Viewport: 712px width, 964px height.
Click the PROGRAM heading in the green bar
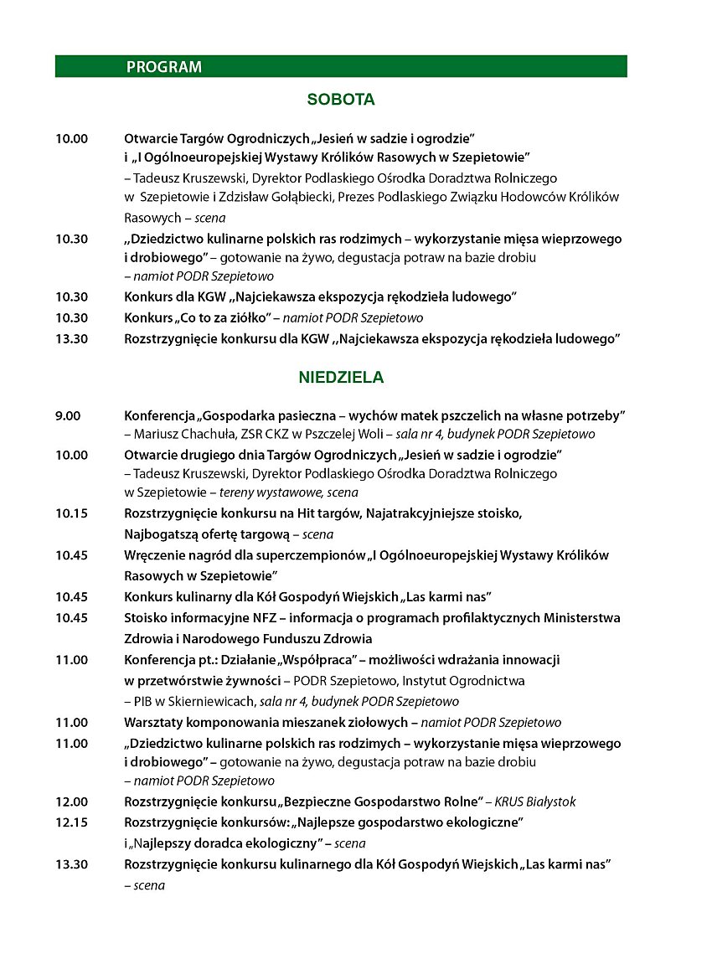coord(164,67)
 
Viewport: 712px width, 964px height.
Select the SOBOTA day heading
coord(341,100)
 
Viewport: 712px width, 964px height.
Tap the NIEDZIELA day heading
coord(341,378)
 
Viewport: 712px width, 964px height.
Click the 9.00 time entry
coord(69,415)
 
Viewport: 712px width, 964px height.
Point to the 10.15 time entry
coord(72,513)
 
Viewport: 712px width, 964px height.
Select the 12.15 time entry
coord(72,823)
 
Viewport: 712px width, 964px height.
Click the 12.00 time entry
coord(72,802)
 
